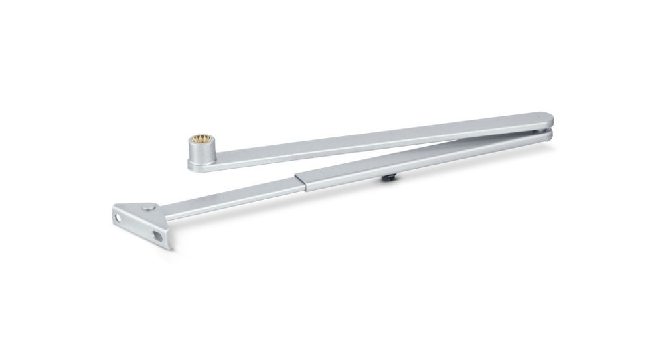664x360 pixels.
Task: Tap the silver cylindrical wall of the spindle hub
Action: click(197, 157)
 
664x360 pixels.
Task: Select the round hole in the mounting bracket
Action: click(120, 217)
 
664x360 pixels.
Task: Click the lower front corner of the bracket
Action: click(167, 247)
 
